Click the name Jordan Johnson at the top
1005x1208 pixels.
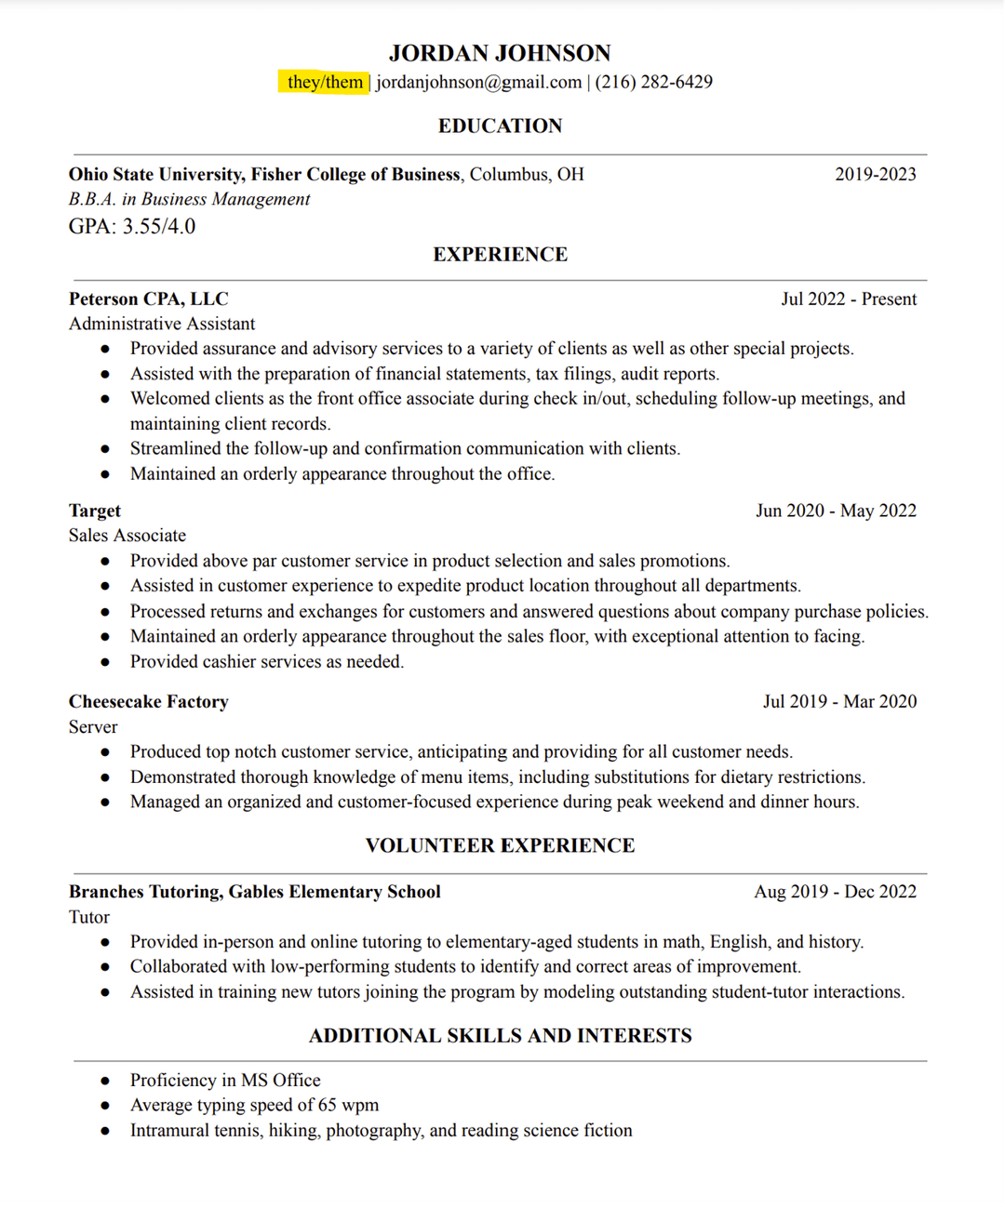pos(500,53)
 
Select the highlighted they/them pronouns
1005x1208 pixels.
pos(324,82)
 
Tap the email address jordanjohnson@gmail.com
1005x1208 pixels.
pos(478,82)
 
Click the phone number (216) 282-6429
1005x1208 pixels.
pos(653,82)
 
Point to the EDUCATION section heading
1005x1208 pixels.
pos(500,126)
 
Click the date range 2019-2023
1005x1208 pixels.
pos(875,174)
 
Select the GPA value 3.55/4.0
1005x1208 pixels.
pos(159,226)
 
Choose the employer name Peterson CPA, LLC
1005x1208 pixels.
pos(148,299)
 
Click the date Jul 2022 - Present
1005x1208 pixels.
pos(849,299)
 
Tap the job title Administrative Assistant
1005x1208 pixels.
pos(161,324)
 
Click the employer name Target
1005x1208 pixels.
pos(94,511)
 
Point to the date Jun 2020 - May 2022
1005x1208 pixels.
pos(836,511)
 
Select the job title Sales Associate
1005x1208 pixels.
pos(127,536)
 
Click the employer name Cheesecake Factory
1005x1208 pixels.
pos(148,701)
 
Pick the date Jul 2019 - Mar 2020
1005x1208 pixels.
pos(839,701)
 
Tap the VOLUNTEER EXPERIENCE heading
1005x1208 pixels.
pos(500,845)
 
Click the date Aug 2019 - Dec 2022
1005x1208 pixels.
pos(835,891)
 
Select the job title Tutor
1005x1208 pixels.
pos(88,917)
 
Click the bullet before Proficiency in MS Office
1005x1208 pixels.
pos(105,1081)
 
